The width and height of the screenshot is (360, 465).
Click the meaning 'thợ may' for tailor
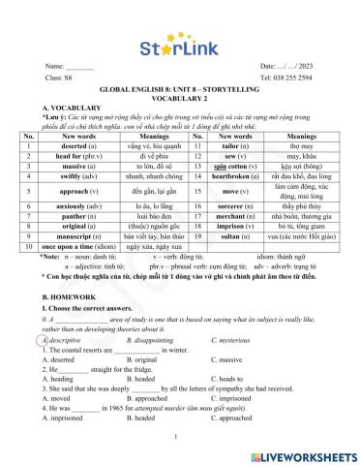point(301,144)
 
